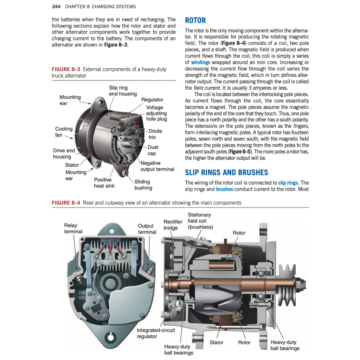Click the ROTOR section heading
click(x=195, y=20)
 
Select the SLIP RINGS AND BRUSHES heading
click(x=226, y=172)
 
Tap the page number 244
click(x=57, y=6)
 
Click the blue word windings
click(x=200, y=62)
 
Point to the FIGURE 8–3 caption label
click(x=66, y=69)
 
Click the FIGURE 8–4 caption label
click(x=66, y=203)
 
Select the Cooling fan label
click(x=64, y=132)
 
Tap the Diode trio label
click(x=155, y=134)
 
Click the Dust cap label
click(x=153, y=150)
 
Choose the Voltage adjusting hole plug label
click(x=156, y=113)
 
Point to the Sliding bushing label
click(x=143, y=185)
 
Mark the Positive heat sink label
click(x=104, y=182)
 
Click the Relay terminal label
click(x=73, y=229)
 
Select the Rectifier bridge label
click(x=173, y=225)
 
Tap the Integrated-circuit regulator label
click(x=155, y=333)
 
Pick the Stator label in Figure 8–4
click(x=216, y=342)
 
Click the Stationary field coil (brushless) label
click(x=200, y=221)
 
